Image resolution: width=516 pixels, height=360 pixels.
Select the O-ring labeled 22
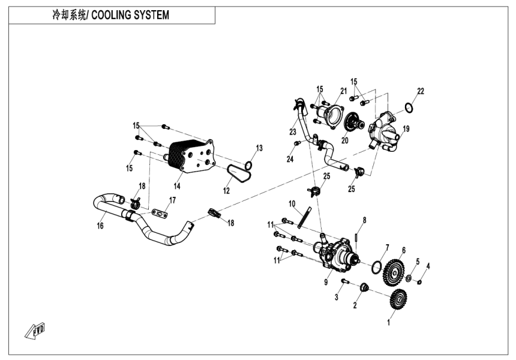pyautogui.click(x=408, y=108)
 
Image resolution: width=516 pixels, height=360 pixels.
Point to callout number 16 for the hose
pyautogui.click(x=100, y=226)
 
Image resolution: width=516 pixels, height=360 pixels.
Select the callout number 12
pyautogui.click(x=227, y=191)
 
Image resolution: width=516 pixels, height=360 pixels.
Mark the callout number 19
pyautogui.click(x=406, y=129)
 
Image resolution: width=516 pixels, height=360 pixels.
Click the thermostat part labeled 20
pyautogui.click(x=359, y=125)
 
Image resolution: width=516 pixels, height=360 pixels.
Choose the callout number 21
pyautogui.click(x=344, y=91)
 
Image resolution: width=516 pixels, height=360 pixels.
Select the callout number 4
pyautogui.click(x=428, y=266)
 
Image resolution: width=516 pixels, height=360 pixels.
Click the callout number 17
pyautogui.click(x=172, y=200)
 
